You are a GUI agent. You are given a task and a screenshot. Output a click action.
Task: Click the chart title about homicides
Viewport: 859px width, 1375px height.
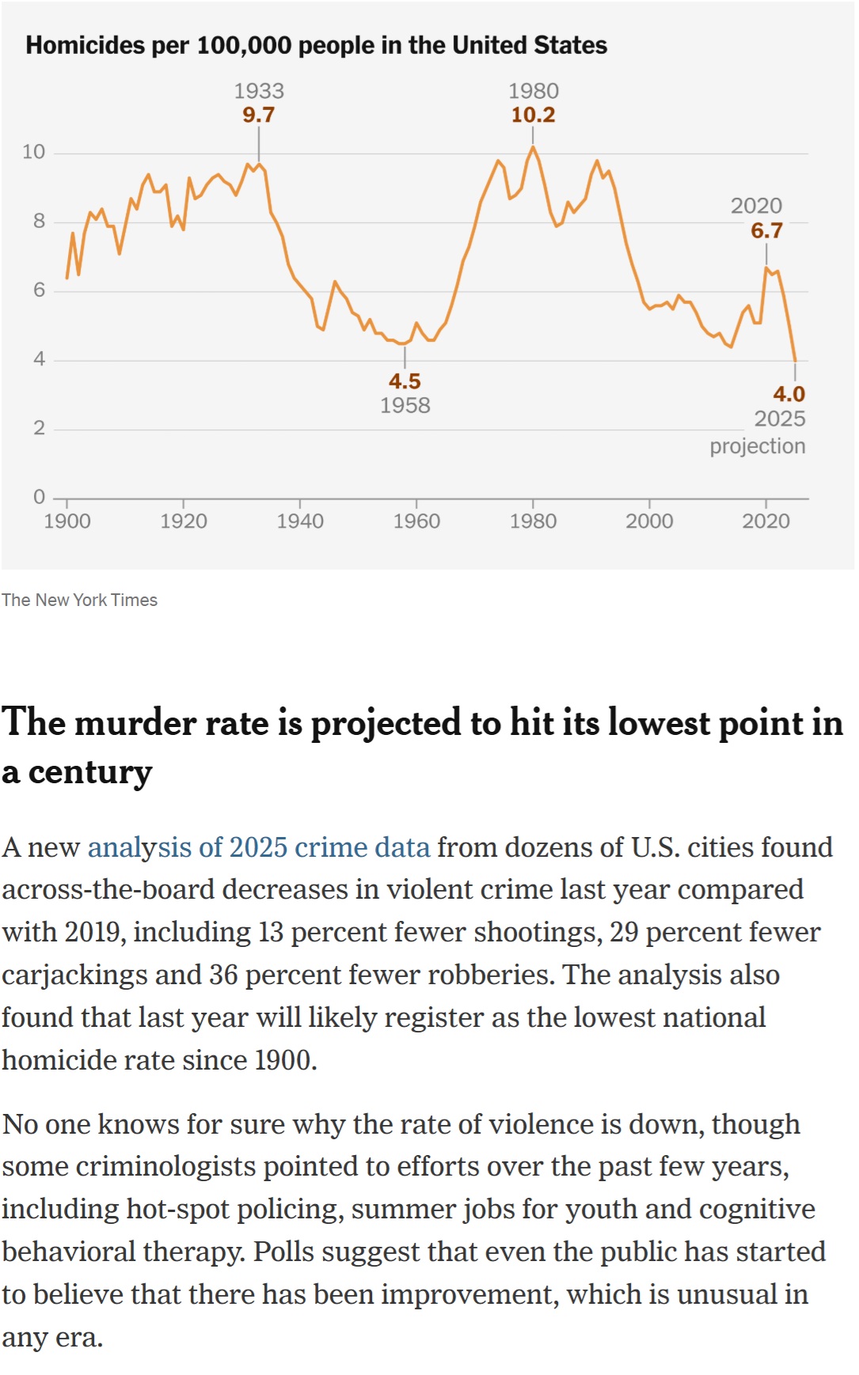[316, 45]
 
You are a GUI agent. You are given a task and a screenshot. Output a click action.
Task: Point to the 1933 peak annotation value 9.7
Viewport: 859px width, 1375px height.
[258, 116]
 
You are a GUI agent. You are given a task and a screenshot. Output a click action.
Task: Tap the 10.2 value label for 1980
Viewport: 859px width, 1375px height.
[533, 116]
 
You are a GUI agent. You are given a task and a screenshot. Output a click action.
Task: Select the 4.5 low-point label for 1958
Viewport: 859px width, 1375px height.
[405, 381]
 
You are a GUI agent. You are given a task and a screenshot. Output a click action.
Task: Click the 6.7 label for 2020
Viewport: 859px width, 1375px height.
[766, 231]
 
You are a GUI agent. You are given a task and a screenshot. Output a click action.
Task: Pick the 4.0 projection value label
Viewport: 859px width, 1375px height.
[789, 394]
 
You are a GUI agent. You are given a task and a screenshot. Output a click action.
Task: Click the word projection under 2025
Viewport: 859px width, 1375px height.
[757, 446]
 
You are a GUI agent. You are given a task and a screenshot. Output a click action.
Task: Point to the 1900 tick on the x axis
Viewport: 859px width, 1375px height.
[67, 521]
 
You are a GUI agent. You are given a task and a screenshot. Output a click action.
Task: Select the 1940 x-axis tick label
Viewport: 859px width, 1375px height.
[300, 521]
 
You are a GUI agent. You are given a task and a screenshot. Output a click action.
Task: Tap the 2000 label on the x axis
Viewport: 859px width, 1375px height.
[649, 521]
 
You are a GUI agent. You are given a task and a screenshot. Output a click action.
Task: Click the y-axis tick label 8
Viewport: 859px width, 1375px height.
[39, 222]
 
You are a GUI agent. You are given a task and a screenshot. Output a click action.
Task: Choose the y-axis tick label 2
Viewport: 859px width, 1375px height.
[39, 429]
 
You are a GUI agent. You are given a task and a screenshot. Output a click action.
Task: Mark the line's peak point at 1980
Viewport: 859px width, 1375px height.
[533, 147]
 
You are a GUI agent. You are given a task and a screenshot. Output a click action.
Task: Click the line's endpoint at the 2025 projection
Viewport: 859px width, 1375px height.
[795, 361]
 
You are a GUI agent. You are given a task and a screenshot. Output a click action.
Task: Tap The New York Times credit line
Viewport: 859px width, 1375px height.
[79, 600]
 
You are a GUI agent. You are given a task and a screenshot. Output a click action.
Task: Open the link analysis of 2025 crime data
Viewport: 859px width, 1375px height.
[259, 847]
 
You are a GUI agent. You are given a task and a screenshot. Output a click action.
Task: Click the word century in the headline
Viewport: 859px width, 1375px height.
[90, 772]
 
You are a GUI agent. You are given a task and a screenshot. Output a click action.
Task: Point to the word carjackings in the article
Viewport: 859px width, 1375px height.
[74, 975]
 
